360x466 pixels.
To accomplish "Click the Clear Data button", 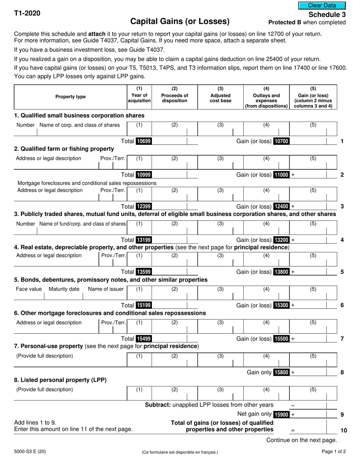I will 322,5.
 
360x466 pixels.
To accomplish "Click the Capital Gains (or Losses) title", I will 180,21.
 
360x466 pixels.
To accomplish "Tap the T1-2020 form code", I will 27,13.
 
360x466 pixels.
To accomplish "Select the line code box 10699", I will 144,141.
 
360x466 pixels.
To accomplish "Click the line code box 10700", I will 281,141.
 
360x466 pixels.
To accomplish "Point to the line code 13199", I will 144,240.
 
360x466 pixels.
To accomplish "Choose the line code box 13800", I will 281,272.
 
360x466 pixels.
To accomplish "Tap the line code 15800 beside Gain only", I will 281,372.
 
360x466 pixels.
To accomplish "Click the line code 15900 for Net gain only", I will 281,414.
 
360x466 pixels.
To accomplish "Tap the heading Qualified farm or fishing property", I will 64,149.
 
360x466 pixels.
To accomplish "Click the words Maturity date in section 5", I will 64,289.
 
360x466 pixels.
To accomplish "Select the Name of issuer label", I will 106,289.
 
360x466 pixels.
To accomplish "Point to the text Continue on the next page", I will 301,440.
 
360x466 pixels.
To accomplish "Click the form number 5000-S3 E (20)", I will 31,452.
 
